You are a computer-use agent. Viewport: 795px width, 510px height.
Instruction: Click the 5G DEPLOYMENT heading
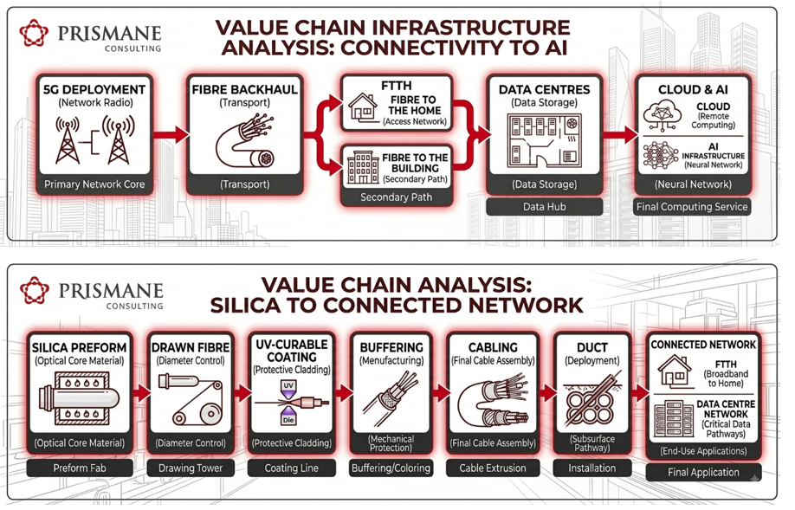(94, 90)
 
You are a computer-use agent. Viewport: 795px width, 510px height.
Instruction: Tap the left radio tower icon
(68, 139)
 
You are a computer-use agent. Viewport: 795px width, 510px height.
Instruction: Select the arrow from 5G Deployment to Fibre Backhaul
(171, 134)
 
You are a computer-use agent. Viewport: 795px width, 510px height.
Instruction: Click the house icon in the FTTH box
(363, 107)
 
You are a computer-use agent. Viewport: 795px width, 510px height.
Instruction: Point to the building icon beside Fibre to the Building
(363, 167)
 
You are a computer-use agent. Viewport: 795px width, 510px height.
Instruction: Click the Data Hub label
(545, 207)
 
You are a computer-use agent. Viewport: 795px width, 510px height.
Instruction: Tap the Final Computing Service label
(692, 207)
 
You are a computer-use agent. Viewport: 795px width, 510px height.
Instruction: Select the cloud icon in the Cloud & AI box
(662, 115)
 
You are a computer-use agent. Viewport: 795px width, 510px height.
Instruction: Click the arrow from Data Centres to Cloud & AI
(621, 134)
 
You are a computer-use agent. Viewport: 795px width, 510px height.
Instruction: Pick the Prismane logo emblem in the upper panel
(34, 34)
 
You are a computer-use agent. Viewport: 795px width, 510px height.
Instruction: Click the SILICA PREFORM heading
(79, 348)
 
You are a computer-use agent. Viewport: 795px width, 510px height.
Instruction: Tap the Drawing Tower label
(191, 468)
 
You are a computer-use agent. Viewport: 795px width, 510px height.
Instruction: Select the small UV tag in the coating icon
(288, 386)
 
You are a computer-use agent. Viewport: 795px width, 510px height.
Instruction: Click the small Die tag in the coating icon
(288, 420)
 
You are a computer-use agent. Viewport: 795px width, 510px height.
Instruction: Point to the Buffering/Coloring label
(391, 468)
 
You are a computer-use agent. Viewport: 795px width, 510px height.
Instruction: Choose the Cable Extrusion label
(493, 468)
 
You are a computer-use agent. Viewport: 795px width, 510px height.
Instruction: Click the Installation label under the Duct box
(592, 468)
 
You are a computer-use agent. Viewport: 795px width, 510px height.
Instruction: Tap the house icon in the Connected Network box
(675, 371)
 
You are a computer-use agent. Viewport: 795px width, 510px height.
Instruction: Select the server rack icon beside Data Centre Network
(674, 419)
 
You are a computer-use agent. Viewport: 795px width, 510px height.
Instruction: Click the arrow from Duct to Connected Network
(640, 392)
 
